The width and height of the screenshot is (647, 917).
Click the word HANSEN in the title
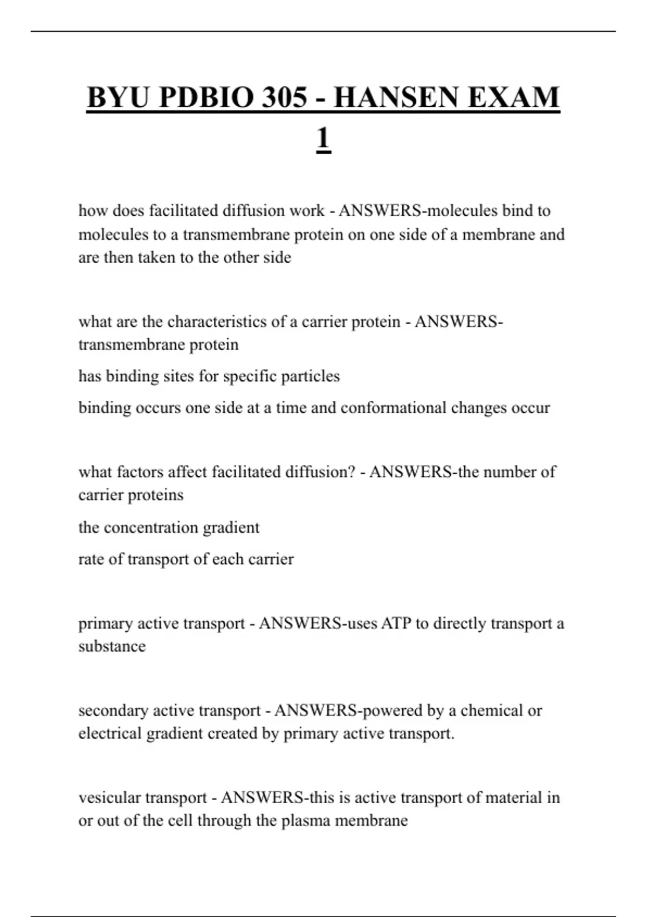point(397,98)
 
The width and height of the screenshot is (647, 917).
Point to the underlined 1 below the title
point(323,139)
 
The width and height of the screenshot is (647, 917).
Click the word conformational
point(393,408)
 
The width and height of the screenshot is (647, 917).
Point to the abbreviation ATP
point(396,624)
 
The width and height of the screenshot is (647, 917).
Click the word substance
point(112,646)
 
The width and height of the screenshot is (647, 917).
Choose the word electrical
point(109,734)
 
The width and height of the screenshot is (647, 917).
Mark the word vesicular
point(109,798)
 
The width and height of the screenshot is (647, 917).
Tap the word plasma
point(306,821)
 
